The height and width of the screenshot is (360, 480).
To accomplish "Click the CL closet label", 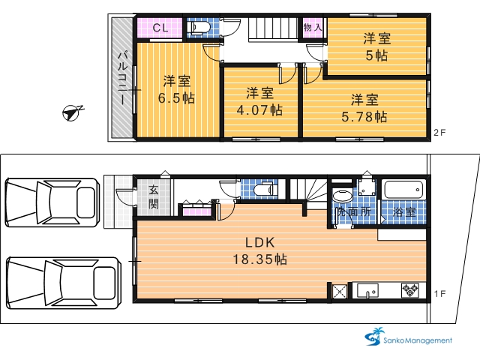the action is click(x=160, y=28).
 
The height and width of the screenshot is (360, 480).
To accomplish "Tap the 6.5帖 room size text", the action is click(x=176, y=98).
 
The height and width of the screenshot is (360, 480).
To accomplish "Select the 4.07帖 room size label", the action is click(x=259, y=110).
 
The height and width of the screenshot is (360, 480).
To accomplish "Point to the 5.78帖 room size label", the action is click(x=364, y=117).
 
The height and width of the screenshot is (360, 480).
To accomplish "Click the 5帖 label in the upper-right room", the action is click(x=376, y=55).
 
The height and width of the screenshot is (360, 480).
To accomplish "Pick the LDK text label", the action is click(x=260, y=242).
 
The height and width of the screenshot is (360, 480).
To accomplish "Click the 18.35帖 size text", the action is click(x=260, y=259).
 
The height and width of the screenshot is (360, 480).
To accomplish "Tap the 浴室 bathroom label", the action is click(x=404, y=212).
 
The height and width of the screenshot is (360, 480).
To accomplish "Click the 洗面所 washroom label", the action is click(x=353, y=211).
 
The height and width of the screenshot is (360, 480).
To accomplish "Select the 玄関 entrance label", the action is click(x=153, y=197).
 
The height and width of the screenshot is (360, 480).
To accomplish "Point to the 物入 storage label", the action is click(x=313, y=28).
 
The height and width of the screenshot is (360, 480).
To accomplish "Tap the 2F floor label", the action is click(x=439, y=133).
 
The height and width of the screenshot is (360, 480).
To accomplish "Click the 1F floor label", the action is click(x=439, y=294).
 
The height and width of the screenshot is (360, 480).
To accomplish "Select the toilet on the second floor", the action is click(x=200, y=28).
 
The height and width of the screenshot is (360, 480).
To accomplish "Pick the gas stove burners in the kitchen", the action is click(x=410, y=290).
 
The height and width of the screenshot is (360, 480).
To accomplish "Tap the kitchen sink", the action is click(x=367, y=290).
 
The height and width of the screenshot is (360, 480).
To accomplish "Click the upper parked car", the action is click(x=52, y=202).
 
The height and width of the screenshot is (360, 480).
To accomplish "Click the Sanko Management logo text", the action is click(x=418, y=340).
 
